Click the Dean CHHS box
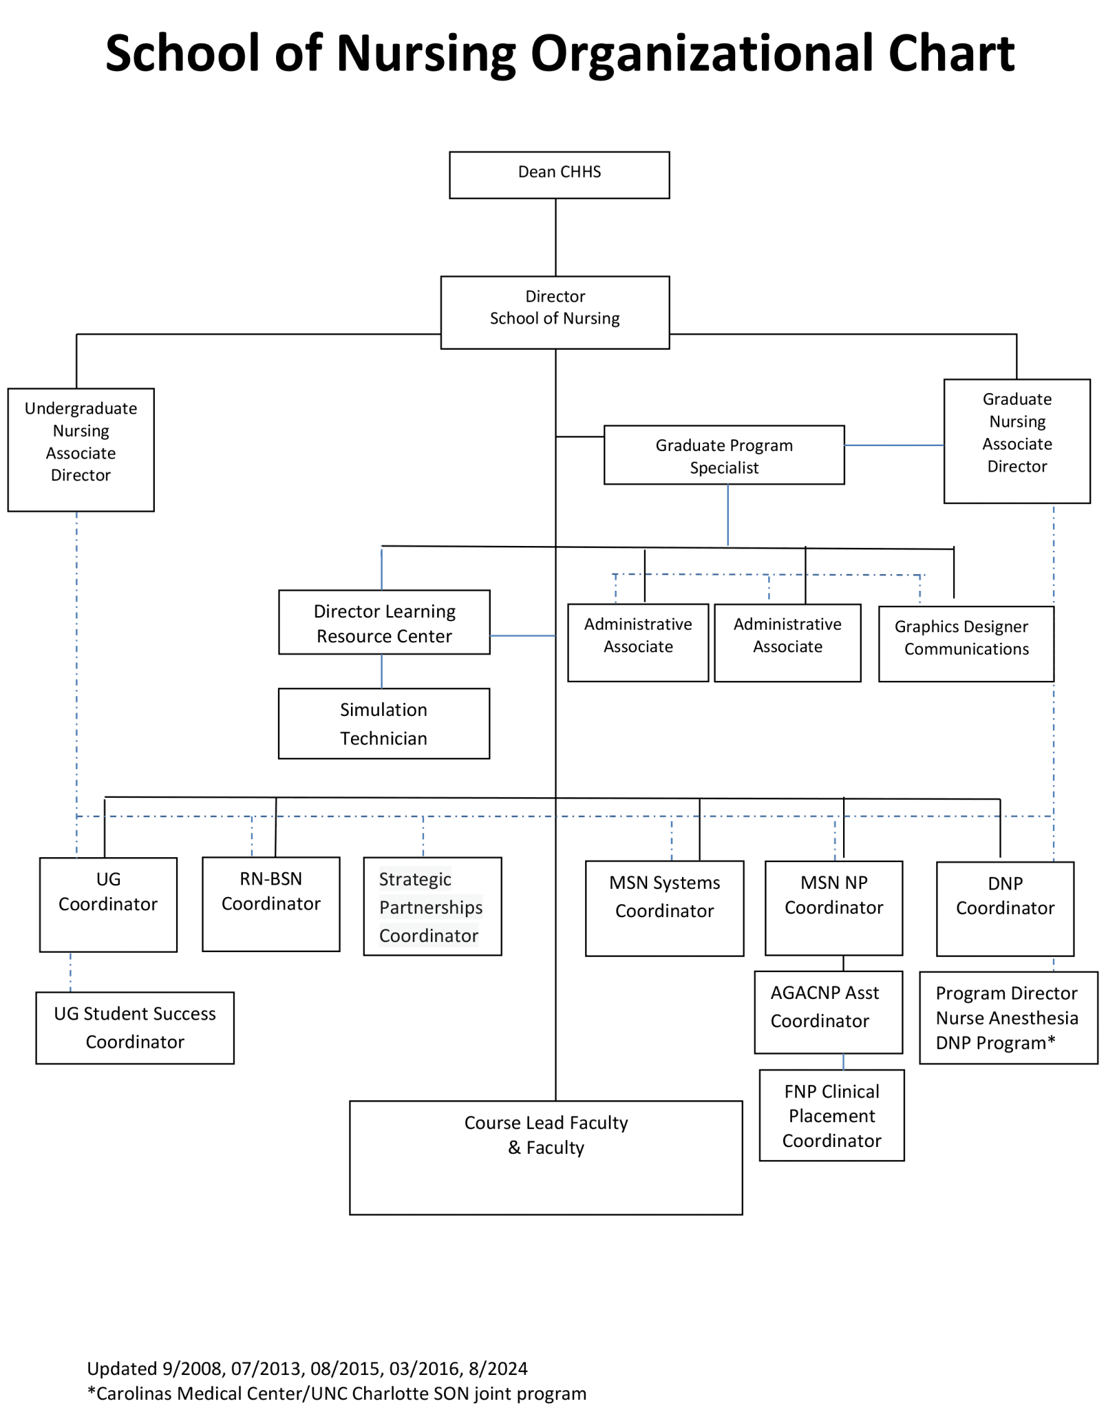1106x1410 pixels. click(x=559, y=175)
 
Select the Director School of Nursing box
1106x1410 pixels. click(x=555, y=312)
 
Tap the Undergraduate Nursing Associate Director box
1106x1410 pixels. click(x=81, y=450)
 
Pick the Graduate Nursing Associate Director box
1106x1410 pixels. click(x=1017, y=441)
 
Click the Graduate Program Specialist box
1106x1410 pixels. click(x=724, y=455)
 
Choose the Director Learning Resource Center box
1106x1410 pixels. click(x=384, y=622)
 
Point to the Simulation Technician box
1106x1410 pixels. click(x=384, y=724)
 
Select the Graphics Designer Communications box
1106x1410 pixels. click(x=966, y=644)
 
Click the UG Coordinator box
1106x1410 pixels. click(x=108, y=905)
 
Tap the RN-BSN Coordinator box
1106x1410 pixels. click(x=271, y=904)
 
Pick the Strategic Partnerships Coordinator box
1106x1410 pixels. click(x=432, y=906)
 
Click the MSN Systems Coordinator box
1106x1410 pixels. click(x=664, y=908)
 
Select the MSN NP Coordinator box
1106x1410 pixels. click(x=833, y=907)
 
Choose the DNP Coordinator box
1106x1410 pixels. click(x=1005, y=908)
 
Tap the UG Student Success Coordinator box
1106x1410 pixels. click(x=135, y=1028)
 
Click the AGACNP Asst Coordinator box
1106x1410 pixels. click(x=828, y=1011)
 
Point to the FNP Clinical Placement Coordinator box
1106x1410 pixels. click(x=831, y=1115)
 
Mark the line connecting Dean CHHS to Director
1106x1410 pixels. click(x=556, y=238)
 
